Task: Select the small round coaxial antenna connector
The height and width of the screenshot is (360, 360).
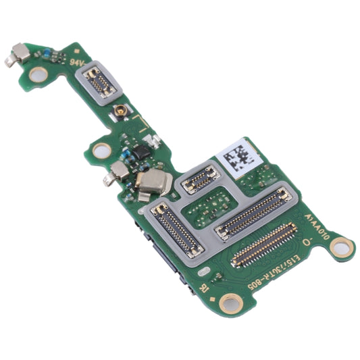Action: [x=122, y=111]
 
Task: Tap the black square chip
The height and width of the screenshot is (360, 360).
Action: [x=142, y=153]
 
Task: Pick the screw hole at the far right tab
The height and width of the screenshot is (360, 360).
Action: [x=342, y=248]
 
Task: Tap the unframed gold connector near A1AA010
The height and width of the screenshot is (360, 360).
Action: [x=263, y=244]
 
